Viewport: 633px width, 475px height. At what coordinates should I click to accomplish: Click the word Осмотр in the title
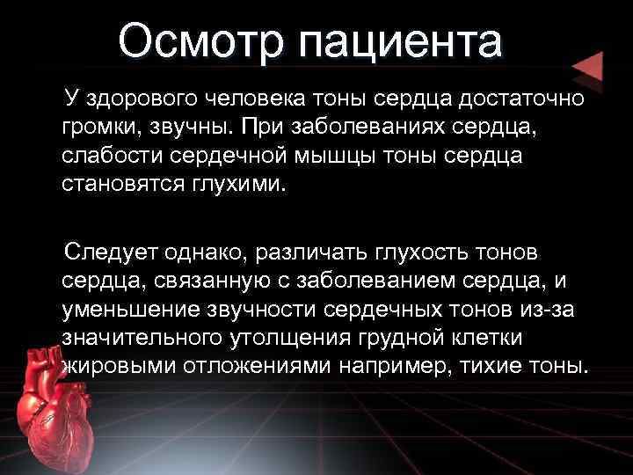[201, 41]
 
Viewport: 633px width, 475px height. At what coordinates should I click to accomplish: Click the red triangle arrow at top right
[587, 69]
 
